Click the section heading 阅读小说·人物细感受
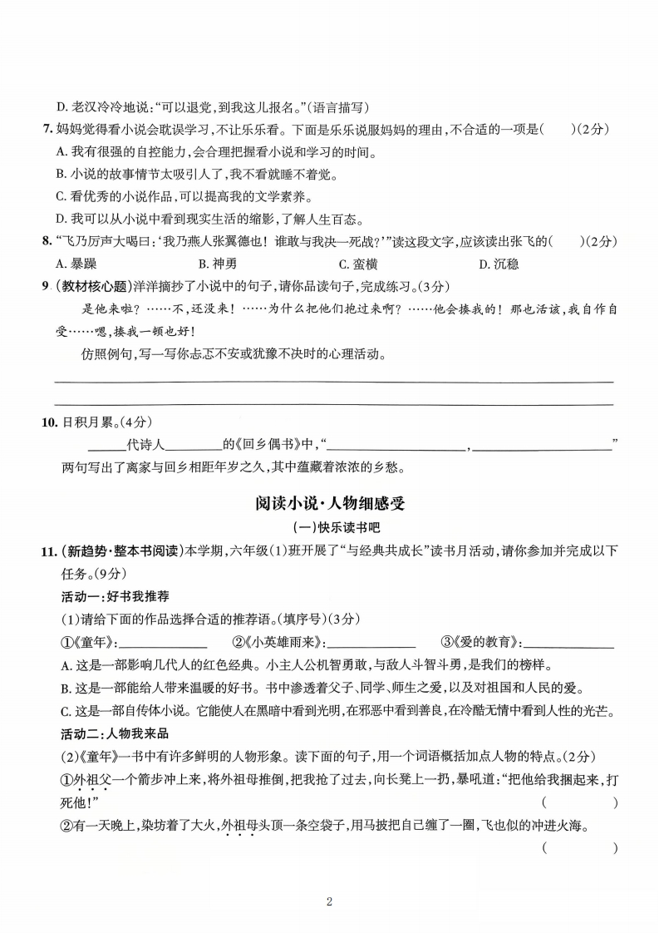(x=330, y=504)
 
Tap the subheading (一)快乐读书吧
(x=330, y=528)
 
